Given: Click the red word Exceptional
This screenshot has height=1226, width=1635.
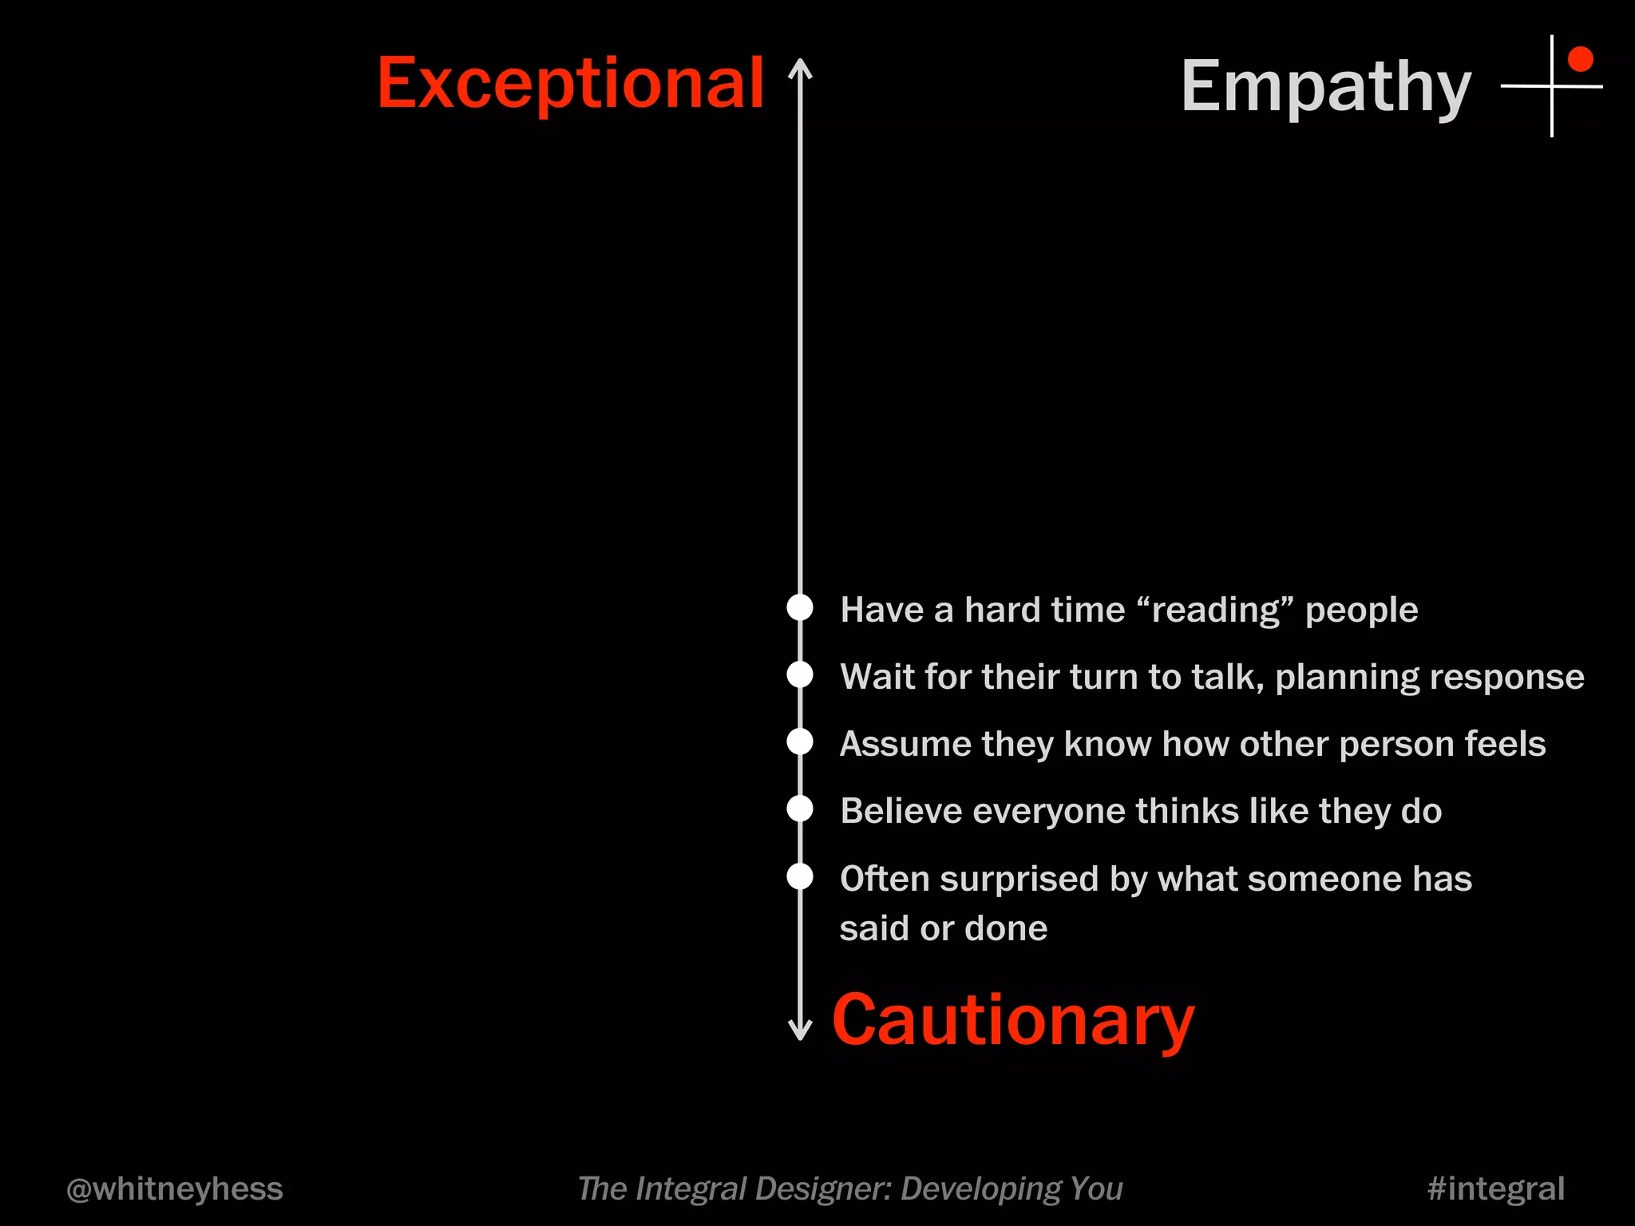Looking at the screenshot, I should point(570,85).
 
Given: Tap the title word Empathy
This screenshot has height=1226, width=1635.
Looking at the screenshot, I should point(1325,88).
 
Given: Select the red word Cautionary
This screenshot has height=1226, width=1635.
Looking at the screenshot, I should point(1013,1021).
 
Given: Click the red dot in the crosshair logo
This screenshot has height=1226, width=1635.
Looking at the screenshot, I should point(1580,59).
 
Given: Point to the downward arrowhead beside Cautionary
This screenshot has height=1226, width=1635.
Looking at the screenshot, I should point(800,1031).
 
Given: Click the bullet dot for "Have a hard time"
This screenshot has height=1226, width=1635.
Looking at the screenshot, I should point(800,607).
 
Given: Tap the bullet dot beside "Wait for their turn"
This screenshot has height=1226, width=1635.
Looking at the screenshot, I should point(800,674).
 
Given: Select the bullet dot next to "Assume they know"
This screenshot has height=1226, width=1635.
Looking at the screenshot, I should point(800,742).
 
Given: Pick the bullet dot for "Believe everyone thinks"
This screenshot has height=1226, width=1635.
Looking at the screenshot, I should point(800,809).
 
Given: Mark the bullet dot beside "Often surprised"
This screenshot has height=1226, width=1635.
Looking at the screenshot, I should point(800,876).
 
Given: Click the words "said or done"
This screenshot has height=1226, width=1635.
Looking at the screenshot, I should point(943,929).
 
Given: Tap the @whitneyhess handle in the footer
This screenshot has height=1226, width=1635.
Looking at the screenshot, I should point(175,1189).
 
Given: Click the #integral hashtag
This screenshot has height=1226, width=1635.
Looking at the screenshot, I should point(1495,1189).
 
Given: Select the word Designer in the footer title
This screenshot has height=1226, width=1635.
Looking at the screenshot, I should point(821,1189).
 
